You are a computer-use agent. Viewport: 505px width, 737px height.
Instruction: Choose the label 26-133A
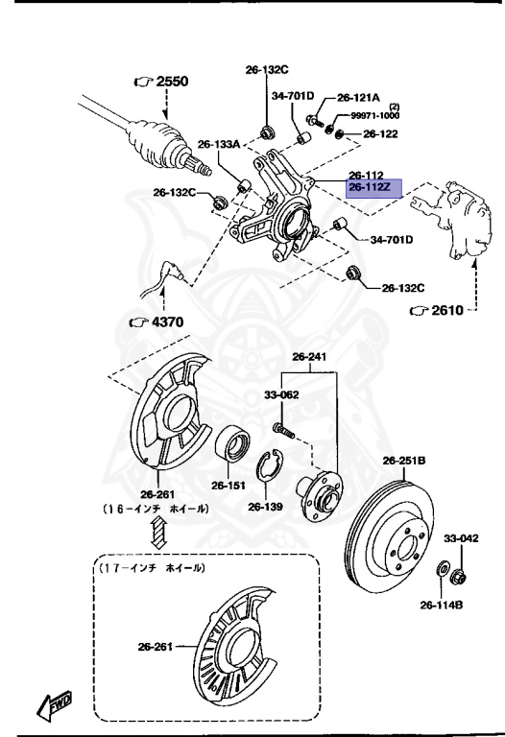(x=218, y=144)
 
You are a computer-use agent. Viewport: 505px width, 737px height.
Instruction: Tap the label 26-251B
(x=403, y=460)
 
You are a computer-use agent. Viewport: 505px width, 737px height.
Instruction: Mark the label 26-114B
(x=442, y=605)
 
